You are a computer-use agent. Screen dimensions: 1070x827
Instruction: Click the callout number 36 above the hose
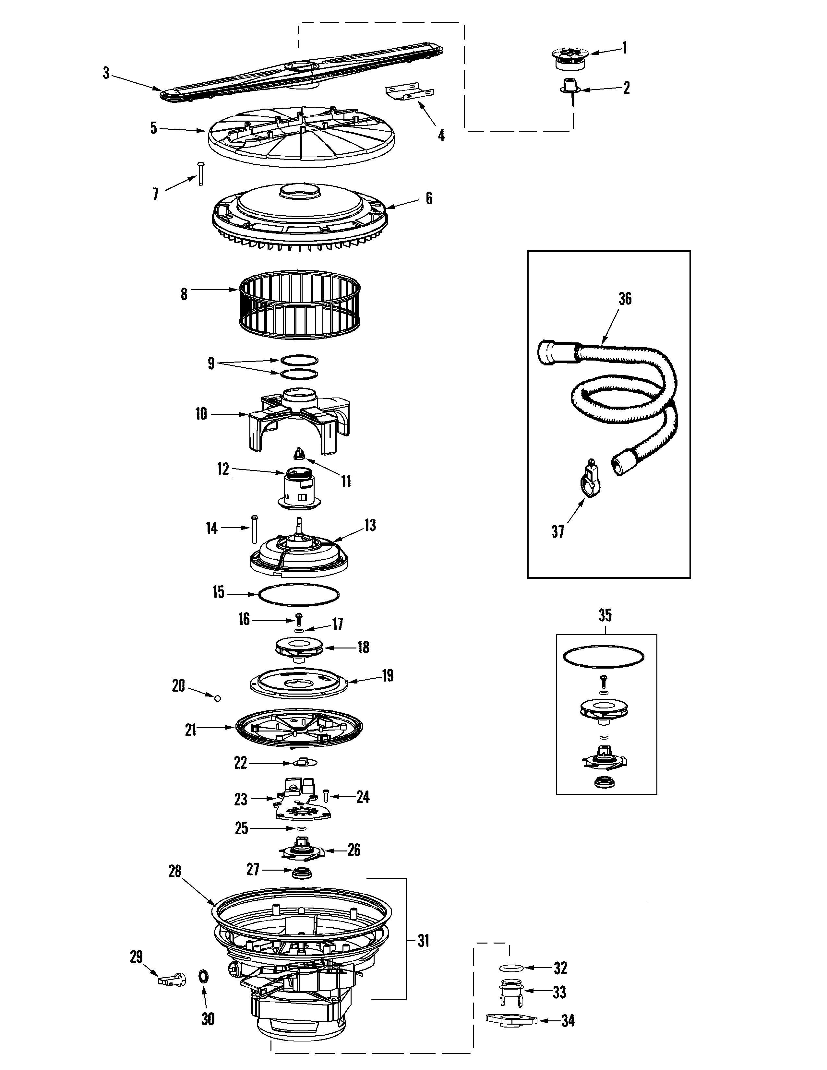click(625, 298)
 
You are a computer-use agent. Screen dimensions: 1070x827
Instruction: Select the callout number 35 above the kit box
click(605, 615)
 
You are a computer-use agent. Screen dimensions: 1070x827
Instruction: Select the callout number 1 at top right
click(624, 48)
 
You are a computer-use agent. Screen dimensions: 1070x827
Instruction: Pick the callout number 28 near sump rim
click(175, 871)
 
